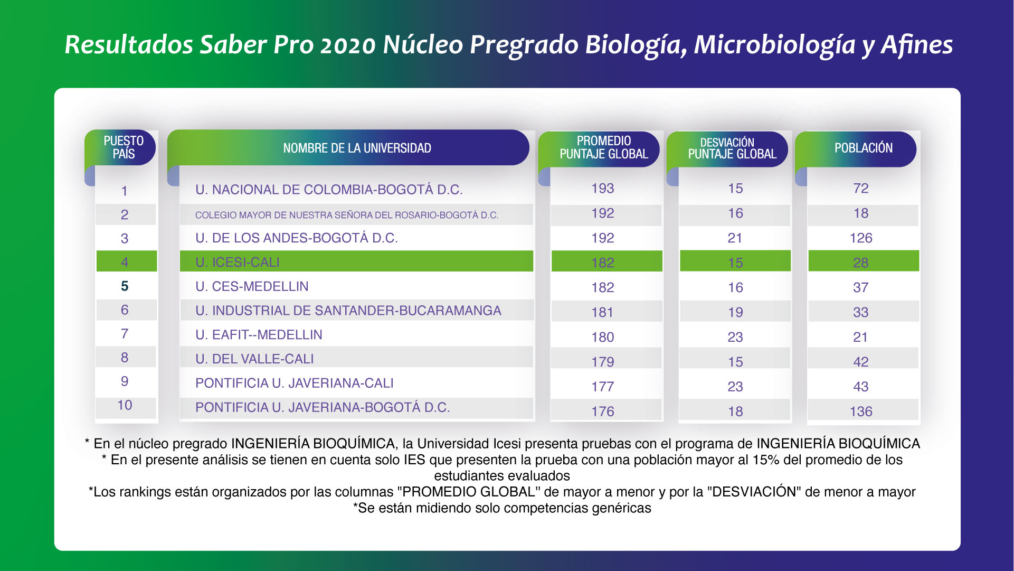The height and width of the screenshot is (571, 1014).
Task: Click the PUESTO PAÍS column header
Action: point(124,147)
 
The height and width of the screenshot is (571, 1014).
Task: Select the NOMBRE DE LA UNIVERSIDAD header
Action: point(357,148)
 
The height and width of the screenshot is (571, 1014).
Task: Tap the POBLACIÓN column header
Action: point(863,148)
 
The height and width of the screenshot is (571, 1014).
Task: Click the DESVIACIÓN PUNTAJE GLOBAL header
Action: point(732,148)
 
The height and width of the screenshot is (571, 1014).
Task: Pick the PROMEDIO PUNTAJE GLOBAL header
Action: point(603,147)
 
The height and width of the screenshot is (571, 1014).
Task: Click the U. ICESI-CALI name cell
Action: point(238,262)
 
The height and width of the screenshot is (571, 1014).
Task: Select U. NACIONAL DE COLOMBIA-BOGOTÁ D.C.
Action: point(329,190)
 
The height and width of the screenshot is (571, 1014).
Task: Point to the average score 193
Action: point(602,189)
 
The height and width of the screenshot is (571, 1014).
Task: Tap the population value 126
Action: point(860,238)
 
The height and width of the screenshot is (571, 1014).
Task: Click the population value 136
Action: point(860,411)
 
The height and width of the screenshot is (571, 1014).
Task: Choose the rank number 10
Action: point(125,405)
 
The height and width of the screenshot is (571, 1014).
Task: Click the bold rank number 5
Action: point(125,286)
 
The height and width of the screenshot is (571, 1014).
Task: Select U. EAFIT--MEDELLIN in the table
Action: point(259,335)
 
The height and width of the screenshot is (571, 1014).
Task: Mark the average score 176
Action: point(602,411)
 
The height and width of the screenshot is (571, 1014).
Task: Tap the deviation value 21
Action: point(735,238)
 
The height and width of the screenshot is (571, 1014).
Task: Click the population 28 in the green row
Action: point(860,263)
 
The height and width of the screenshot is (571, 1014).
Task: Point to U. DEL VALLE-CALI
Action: point(254,359)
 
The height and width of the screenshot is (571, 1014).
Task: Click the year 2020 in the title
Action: point(347,45)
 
